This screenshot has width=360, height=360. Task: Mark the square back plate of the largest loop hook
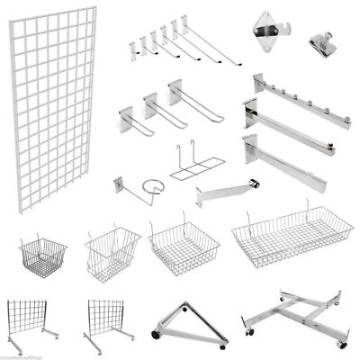point(175,90)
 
